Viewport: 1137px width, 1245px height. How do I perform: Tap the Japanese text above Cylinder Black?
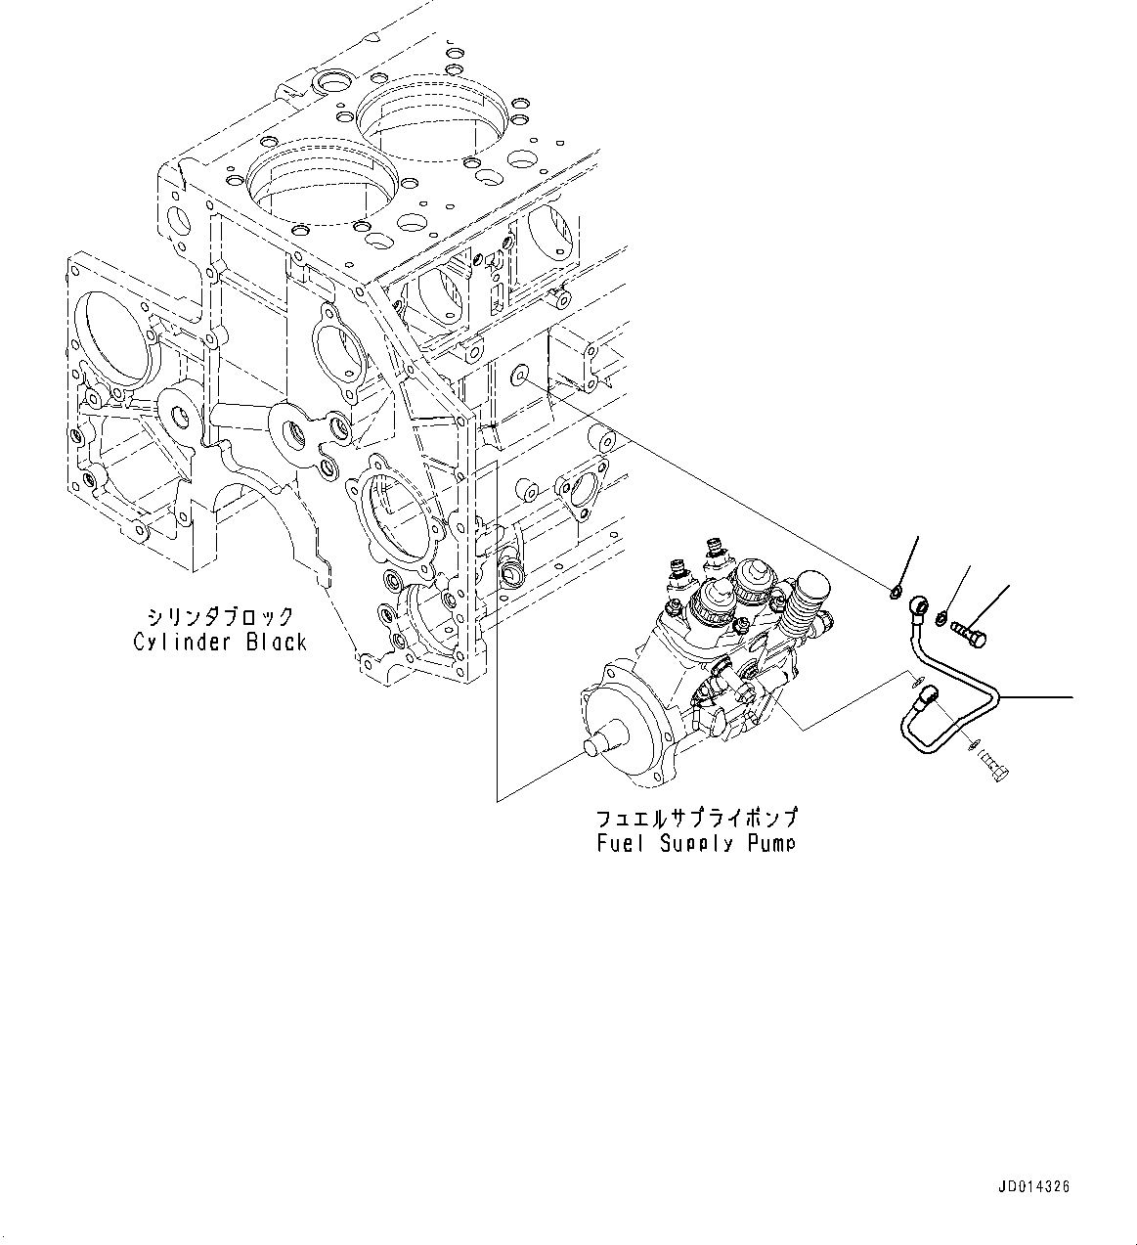point(219,617)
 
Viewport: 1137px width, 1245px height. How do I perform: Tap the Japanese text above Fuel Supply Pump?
point(696,818)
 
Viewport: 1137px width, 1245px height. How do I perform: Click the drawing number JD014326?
point(1033,1186)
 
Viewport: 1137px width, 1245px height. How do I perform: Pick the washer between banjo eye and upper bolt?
point(941,618)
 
